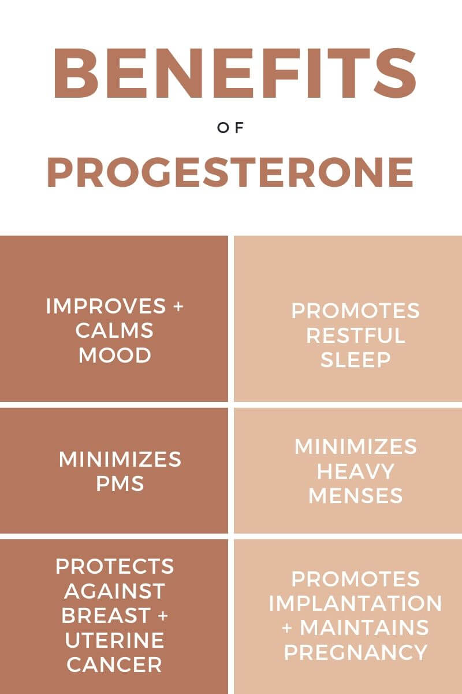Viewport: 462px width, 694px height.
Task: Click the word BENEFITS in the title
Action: tap(235, 73)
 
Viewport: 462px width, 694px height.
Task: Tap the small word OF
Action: tap(230, 128)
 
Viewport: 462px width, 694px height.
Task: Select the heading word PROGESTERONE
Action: tap(230, 172)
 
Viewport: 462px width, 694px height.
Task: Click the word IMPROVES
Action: tap(106, 306)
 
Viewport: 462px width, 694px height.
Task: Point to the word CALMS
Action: tap(114, 330)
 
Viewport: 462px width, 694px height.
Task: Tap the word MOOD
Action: tap(115, 355)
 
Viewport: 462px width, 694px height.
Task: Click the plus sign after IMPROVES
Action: tap(178, 307)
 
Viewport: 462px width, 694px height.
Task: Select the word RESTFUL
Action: tap(356, 335)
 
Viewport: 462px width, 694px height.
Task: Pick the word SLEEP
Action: tap(356, 359)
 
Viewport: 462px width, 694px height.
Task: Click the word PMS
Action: tap(120, 483)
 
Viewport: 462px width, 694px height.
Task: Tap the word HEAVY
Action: tap(356, 471)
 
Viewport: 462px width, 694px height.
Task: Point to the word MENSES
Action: tap(356, 496)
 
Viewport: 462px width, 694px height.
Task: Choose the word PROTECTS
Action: tap(115, 566)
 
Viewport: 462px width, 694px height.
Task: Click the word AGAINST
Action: tap(115, 591)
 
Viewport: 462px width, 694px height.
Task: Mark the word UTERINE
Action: tap(115, 640)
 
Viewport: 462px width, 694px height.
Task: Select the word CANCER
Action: tap(114, 665)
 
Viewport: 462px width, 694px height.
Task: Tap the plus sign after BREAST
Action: tap(163, 615)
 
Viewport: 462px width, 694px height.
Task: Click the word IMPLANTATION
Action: tap(356, 603)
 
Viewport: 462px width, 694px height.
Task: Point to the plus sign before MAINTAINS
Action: tap(287, 627)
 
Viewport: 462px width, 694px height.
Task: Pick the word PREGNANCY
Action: tap(356, 652)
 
